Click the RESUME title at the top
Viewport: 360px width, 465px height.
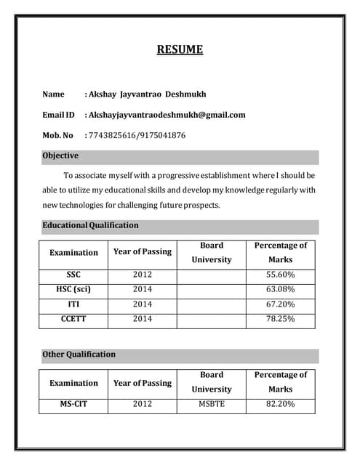180,50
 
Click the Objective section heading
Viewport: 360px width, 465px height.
60,156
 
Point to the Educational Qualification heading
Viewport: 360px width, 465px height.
90,225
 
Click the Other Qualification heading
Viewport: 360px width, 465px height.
79,355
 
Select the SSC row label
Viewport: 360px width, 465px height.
73,275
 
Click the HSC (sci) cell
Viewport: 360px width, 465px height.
73,289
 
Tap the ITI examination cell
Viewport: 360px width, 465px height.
73,304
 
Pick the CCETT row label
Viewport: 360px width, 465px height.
73,319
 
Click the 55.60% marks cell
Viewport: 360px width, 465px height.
280,275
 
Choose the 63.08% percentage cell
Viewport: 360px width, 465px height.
280,289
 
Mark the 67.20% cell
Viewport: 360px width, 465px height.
280,304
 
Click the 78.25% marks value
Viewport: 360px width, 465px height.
280,319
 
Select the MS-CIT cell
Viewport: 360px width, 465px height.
73,403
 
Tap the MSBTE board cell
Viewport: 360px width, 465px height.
212,403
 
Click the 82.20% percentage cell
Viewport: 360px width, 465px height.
280,403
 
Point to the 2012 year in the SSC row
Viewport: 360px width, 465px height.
143,275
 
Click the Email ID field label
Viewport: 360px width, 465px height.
58,115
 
